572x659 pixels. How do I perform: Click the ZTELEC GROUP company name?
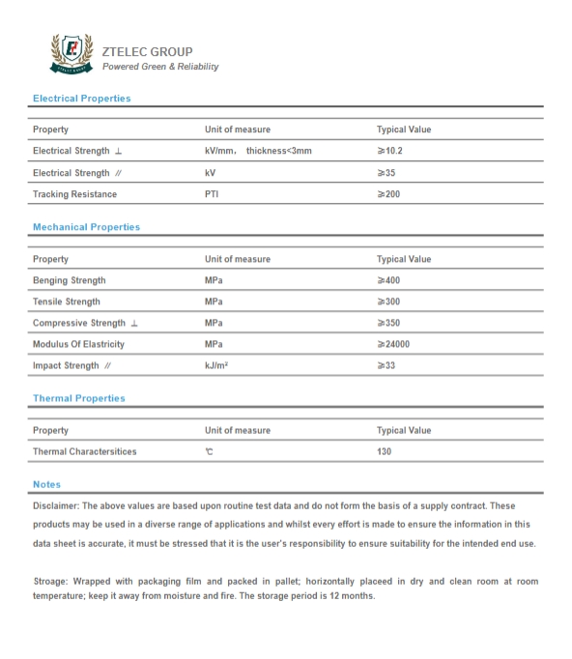click(x=147, y=51)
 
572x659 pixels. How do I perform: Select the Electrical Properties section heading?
click(x=81, y=99)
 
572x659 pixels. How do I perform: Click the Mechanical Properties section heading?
click(x=86, y=227)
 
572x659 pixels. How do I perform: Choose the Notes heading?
click(x=46, y=483)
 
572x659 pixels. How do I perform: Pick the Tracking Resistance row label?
click(x=74, y=194)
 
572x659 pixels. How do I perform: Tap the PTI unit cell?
click(x=214, y=194)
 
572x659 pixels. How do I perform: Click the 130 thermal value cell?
click(x=385, y=450)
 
